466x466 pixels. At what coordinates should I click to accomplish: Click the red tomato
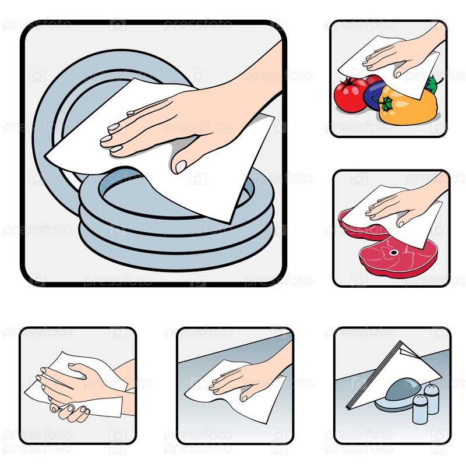pyautogui.click(x=350, y=95)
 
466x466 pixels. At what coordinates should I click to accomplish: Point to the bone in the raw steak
pyautogui.click(x=394, y=253)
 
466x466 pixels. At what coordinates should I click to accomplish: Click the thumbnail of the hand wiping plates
pyautogui.click(x=153, y=153)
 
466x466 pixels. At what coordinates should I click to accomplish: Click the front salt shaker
pyautogui.click(x=420, y=409)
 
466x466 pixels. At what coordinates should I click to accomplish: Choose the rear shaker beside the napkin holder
pyautogui.click(x=432, y=398)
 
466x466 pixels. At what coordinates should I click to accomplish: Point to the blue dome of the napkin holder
pyautogui.click(x=404, y=389)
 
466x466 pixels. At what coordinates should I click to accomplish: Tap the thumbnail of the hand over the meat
pyautogui.click(x=391, y=228)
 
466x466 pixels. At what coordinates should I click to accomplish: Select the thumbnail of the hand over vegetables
pyautogui.click(x=389, y=79)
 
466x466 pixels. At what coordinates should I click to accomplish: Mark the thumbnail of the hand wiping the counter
pyautogui.click(x=235, y=386)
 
